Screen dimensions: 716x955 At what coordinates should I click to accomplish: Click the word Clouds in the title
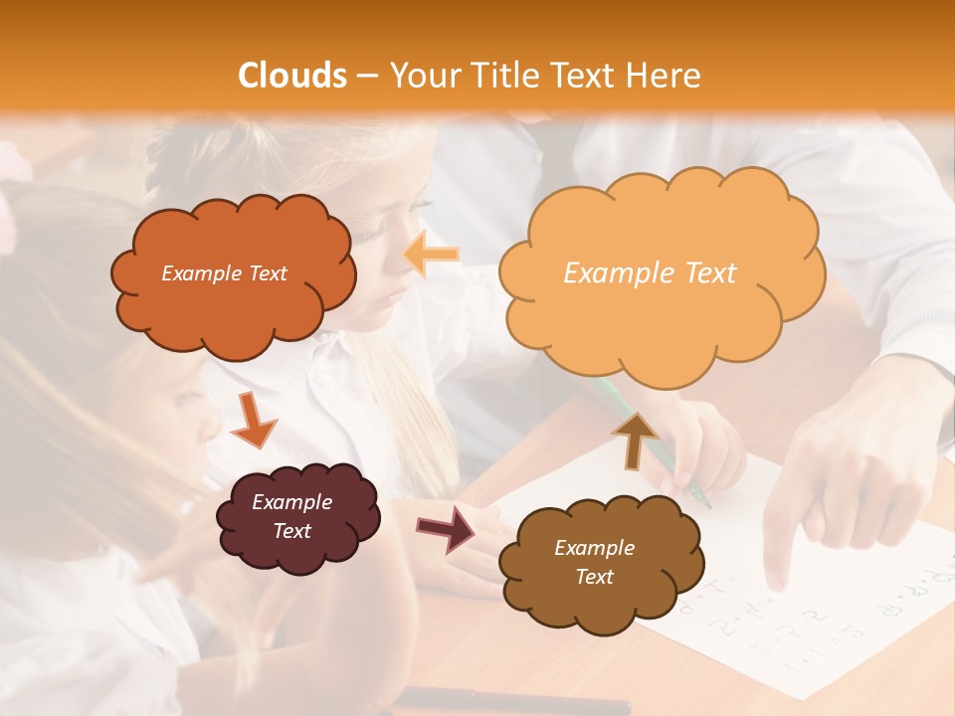click(292, 76)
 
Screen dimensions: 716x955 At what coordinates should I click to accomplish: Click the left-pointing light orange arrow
click(432, 255)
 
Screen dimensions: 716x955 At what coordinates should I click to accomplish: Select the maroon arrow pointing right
click(446, 528)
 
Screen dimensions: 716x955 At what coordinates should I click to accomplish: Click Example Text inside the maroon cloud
click(291, 516)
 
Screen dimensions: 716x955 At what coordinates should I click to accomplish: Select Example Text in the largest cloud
click(650, 273)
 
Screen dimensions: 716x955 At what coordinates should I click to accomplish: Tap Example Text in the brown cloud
click(594, 562)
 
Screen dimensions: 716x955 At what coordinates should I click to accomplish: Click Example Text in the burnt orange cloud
click(224, 273)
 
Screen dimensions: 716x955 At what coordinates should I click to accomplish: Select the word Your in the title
click(422, 76)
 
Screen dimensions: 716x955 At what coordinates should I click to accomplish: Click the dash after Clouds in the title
click(366, 77)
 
